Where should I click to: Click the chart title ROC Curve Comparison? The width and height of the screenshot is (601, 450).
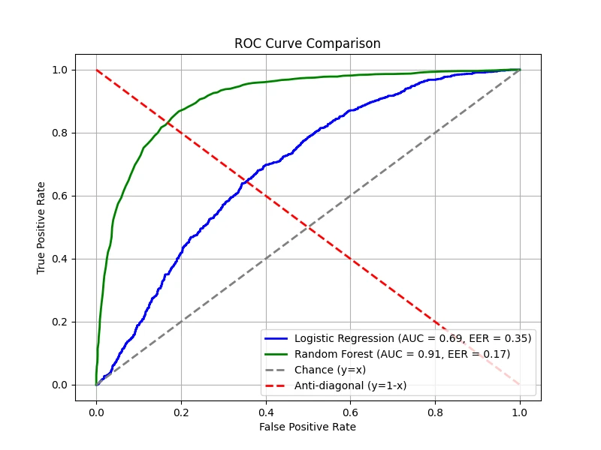click(307, 43)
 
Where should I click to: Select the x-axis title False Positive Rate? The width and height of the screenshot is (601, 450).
click(307, 427)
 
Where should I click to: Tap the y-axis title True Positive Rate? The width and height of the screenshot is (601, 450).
click(42, 226)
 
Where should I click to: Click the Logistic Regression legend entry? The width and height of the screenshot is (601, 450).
click(412, 338)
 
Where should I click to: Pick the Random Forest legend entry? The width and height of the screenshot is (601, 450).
click(402, 354)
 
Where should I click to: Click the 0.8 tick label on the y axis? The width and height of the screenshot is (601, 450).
click(59, 133)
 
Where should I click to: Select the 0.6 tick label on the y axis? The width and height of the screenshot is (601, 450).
click(59, 196)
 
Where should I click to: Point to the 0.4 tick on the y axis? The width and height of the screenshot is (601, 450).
click(59, 259)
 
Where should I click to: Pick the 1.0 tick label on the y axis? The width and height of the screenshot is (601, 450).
click(59, 70)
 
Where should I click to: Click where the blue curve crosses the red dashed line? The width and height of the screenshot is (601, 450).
click(245, 181)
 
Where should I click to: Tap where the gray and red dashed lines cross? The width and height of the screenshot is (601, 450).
click(308, 227)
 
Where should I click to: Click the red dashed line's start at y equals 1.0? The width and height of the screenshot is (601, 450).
click(96, 70)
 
